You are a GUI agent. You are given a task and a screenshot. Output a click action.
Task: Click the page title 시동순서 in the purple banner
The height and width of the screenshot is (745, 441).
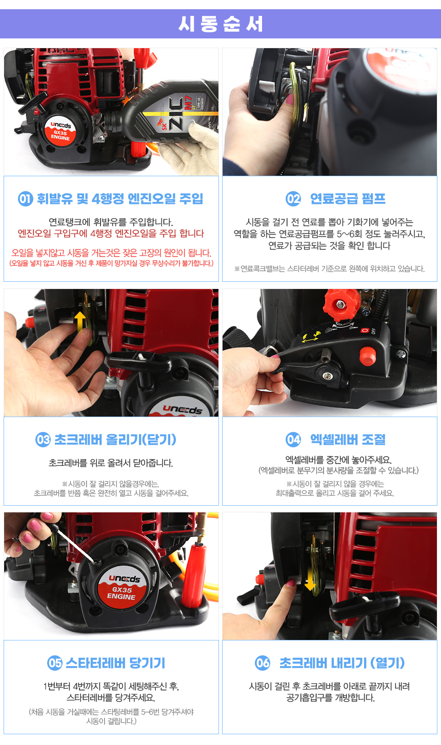tap(221, 24)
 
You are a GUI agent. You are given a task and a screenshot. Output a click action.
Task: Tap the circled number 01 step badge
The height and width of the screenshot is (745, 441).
tap(25, 199)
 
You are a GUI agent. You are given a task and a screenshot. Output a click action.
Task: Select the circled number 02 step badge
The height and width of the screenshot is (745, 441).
tap(293, 199)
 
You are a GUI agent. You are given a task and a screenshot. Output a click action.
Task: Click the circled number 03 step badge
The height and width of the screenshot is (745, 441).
tap(43, 439)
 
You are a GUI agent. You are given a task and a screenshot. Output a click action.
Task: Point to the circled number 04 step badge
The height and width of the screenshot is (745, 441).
tap(293, 439)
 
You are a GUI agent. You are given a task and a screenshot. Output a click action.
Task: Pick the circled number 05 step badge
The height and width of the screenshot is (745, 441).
tap(54, 663)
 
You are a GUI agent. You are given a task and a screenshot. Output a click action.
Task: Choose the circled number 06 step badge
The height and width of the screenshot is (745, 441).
tap(263, 663)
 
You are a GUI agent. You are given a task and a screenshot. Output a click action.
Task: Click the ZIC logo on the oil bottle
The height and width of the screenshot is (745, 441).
tap(176, 113)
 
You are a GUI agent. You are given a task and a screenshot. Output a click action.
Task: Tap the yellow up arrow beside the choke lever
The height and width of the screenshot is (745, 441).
tap(80, 322)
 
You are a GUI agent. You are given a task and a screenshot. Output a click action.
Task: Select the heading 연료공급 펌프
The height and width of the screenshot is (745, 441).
tap(348, 199)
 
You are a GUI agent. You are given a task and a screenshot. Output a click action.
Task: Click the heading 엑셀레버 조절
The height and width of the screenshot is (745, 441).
tap(348, 439)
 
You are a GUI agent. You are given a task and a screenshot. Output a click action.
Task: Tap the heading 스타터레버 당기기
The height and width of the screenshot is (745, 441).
tap(115, 663)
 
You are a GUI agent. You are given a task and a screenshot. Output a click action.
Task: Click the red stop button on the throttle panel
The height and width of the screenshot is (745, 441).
tap(368, 356)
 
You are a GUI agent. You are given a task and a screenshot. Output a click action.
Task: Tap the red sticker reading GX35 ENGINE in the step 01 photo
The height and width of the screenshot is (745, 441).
tap(60, 131)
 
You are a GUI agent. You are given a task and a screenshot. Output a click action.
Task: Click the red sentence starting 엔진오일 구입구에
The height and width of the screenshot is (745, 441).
tap(111, 234)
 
